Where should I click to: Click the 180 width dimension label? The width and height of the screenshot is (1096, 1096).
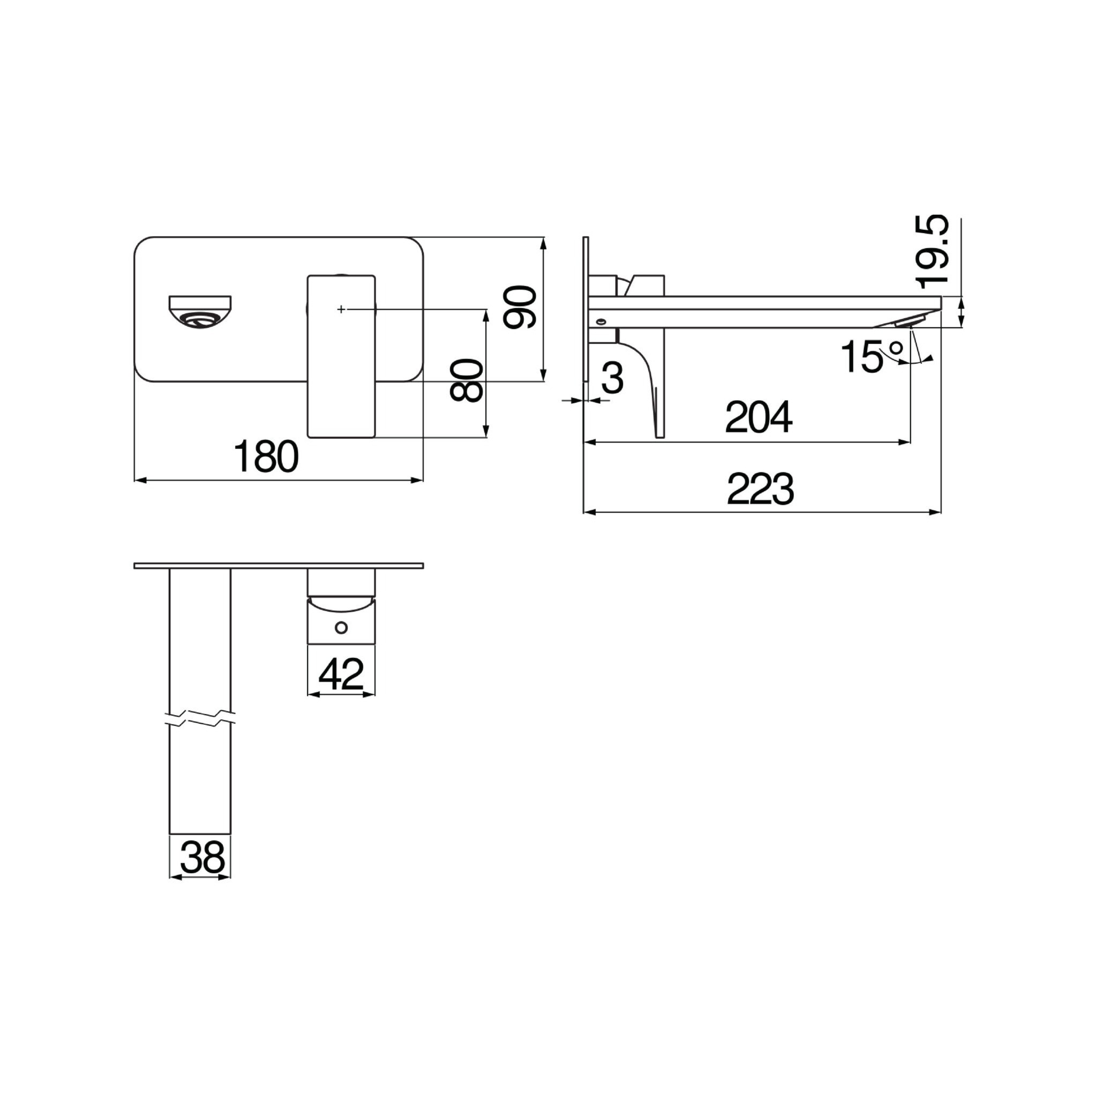(x=267, y=456)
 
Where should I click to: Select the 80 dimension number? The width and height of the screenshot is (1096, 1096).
(x=467, y=380)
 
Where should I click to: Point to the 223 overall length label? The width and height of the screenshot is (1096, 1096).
(x=760, y=489)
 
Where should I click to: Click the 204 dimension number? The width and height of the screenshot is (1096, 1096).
(x=759, y=417)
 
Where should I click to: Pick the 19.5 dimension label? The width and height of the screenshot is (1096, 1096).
(x=931, y=250)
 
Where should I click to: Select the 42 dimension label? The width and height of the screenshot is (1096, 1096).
(x=340, y=673)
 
